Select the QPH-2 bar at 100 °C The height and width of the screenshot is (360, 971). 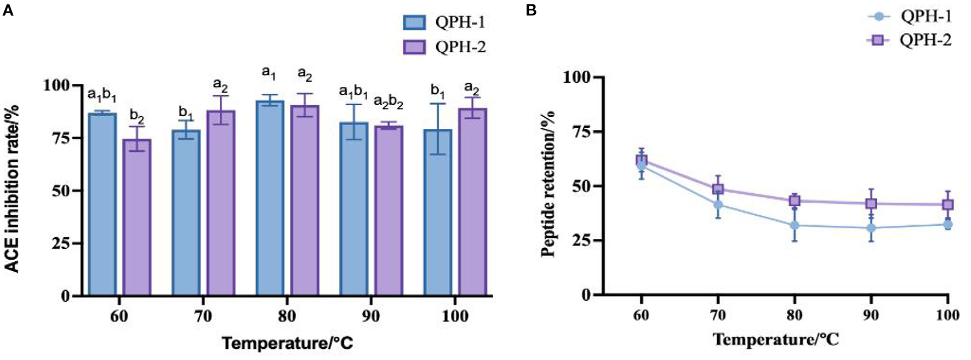[472, 202]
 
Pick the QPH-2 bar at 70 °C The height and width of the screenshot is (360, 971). [220, 203]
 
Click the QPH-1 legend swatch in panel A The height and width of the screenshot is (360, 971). [414, 22]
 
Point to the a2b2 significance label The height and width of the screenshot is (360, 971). [389, 101]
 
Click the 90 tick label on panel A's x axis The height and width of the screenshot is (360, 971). [371, 316]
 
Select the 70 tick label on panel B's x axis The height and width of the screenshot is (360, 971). [718, 315]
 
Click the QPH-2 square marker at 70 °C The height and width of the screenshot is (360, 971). [718, 189]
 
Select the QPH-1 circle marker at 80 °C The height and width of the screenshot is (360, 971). [795, 225]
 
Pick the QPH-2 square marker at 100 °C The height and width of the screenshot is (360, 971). [947, 205]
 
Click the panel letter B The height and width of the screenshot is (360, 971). [530, 10]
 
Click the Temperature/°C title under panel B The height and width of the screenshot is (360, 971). [775, 340]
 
